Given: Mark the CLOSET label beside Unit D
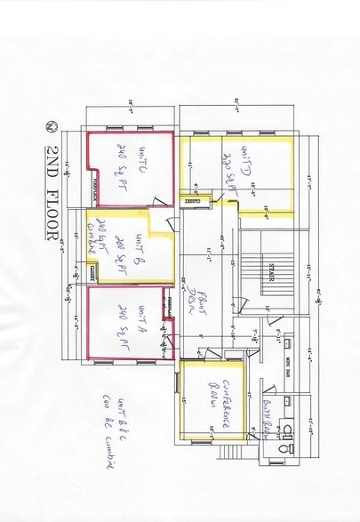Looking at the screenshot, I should [x=197, y=201].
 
